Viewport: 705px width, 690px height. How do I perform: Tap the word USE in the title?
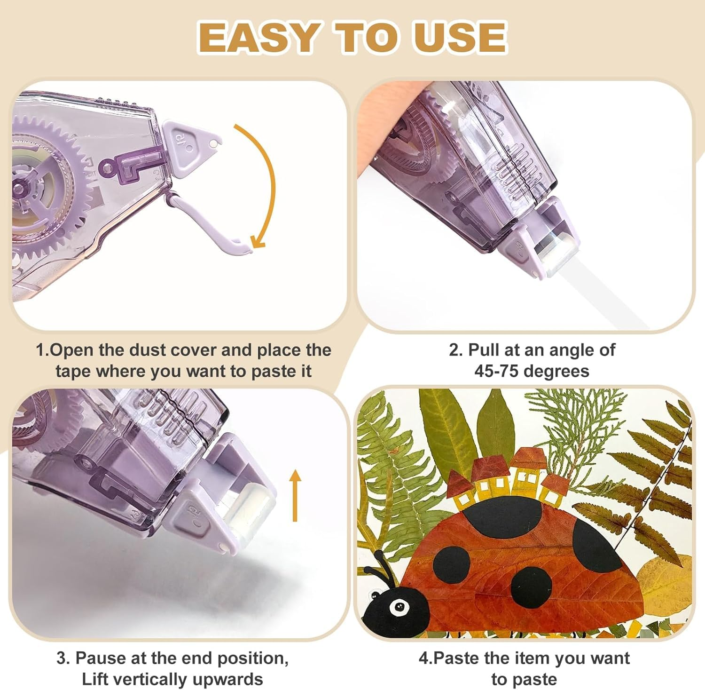tap(460, 37)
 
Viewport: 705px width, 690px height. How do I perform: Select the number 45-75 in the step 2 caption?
tap(500, 371)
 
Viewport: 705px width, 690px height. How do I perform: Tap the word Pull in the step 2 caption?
tap(484, 350)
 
